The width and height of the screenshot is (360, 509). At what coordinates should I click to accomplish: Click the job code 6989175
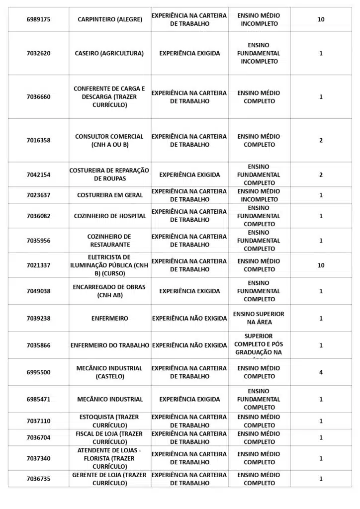pos(38,19)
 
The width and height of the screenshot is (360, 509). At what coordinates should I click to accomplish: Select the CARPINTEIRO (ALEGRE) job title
pos(110,19)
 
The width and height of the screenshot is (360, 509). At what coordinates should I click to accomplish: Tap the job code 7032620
pos(38,53)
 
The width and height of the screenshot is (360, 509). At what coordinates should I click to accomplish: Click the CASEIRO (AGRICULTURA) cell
pos(109,53)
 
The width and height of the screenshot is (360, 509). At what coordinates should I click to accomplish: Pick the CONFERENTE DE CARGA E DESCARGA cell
pos(109,97)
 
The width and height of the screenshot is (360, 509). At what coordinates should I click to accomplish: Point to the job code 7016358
pos(38,140)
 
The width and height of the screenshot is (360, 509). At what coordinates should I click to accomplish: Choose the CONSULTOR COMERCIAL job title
pos(109,140)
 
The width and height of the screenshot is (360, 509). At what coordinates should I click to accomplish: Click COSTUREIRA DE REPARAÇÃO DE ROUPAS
pos(109,174)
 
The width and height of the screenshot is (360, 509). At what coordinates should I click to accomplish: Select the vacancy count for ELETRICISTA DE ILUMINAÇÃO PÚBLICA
pos(321,265)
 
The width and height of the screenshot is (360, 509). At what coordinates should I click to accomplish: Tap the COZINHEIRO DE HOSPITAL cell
pos(110,216)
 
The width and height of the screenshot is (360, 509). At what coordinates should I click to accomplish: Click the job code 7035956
pos(38,241)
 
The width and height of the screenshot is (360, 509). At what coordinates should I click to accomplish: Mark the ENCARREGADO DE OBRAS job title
pos(109,291)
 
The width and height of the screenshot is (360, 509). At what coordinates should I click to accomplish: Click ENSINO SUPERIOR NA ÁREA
pos(259,318)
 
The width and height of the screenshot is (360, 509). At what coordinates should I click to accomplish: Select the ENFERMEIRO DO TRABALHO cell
pos(110,345)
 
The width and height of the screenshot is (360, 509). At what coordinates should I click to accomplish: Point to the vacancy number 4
pos(321,372)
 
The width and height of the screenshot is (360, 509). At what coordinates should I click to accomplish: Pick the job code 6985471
pos(38,399)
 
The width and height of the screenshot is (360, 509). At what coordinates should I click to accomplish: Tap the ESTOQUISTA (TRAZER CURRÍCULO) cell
pos(109,421)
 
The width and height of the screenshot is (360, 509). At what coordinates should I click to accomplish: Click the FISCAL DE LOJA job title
pos(109,437)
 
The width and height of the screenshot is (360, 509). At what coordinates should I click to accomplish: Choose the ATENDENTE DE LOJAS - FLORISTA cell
pos(109,458)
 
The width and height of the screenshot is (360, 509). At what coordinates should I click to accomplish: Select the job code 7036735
pos(38,479)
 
